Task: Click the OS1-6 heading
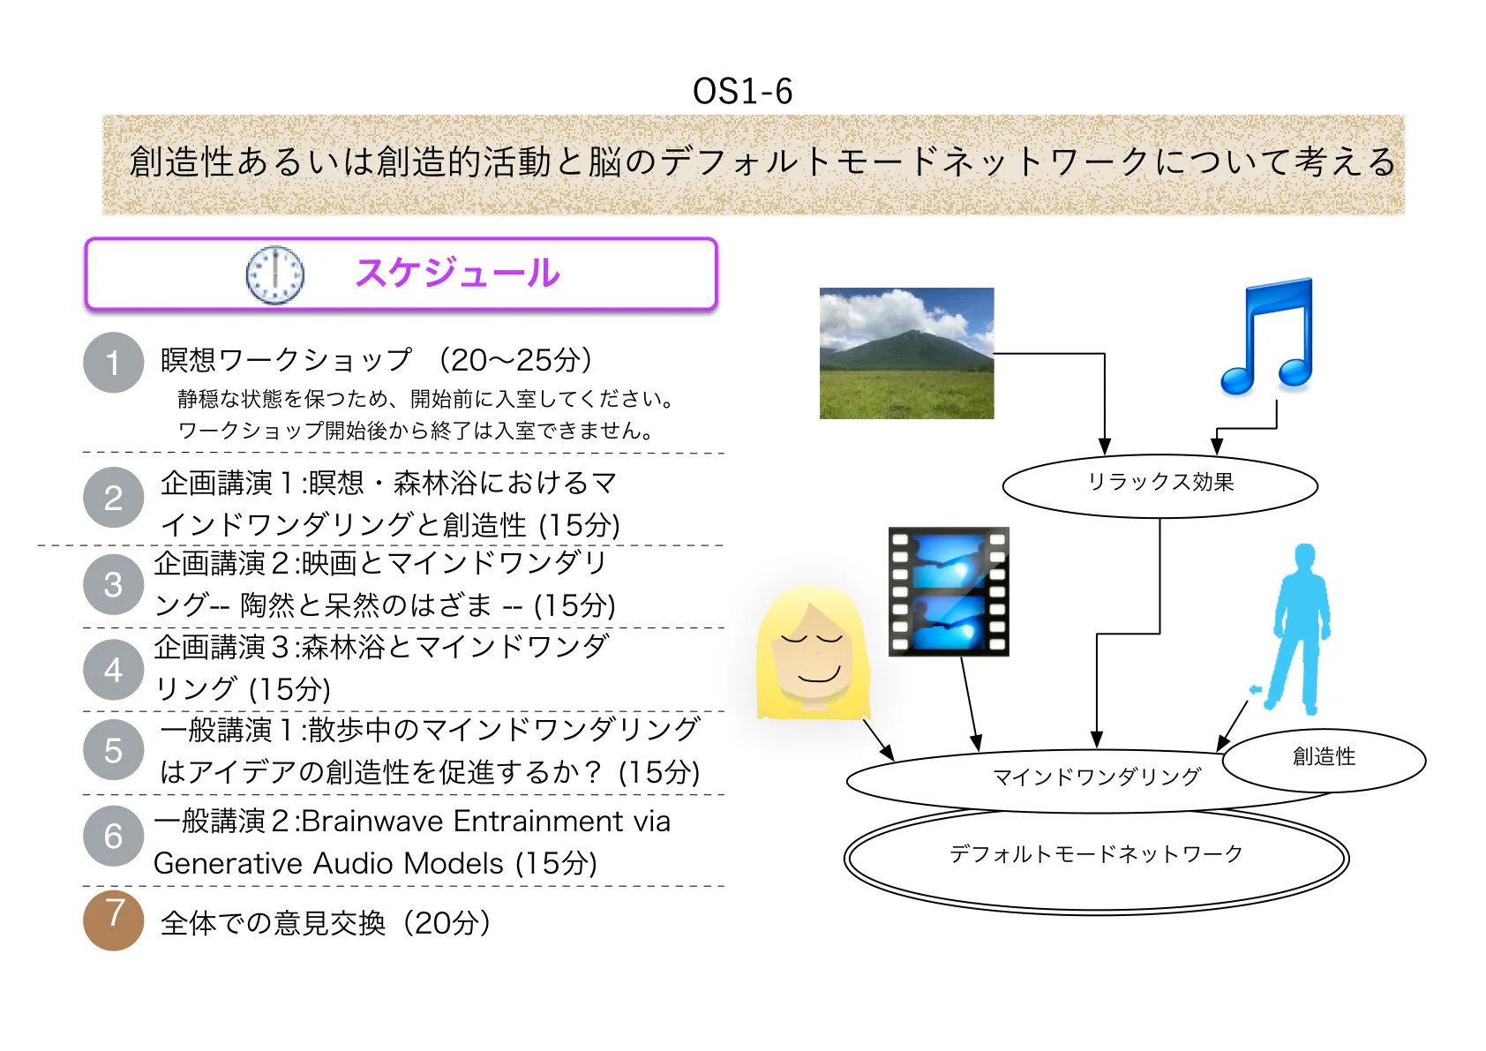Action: coord(742,91)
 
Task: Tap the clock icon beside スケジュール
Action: coord(274,274)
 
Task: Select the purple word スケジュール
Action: coord(458,273)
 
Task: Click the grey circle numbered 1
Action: coord(114,363)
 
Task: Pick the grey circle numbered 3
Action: coord(114,584)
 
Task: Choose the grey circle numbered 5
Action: coord(114,750)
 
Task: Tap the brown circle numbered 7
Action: coord(114,920)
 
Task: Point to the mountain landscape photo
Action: coord(906,353)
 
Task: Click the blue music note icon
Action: coord(1267,335)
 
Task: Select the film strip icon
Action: coord(949,591)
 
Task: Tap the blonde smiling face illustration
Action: coord(814,652)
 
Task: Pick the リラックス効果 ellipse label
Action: coord(1161,482)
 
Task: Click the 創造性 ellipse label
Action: coord(1325,756)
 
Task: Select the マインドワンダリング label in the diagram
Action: coord(1097,777)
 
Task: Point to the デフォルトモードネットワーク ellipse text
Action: coord(1096,853)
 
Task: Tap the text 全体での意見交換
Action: coord(273,923)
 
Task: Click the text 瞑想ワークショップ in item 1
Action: coord(286,360)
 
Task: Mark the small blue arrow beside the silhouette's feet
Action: coord(1255,689)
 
